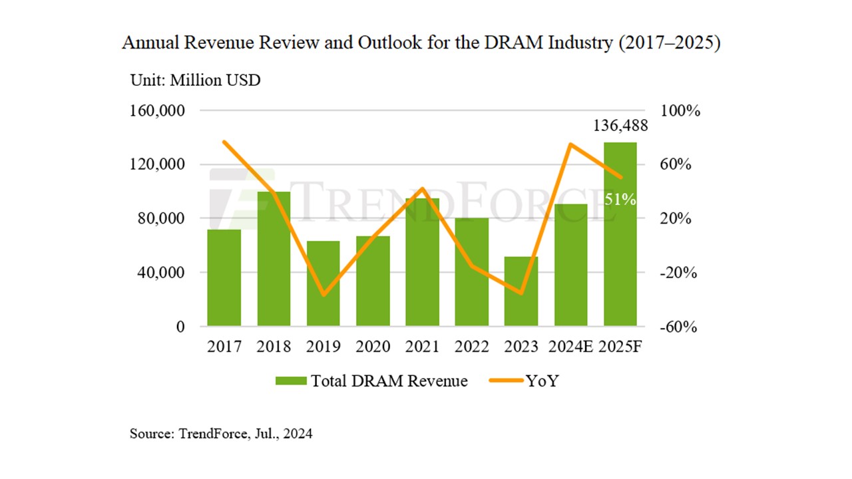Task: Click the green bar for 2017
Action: [224, 278]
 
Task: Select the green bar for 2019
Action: [323, 283]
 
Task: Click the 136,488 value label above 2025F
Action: [620, 126]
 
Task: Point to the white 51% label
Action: [620, 199]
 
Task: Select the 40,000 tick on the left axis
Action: [158, 273]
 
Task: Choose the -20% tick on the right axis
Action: [678, 273]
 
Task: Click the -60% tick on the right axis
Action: [678, 327]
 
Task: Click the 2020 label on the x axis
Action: [373, 347]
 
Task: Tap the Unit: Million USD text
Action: [195, 80]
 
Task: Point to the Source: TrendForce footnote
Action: [221, 434]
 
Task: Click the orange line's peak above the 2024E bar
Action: [570, 144]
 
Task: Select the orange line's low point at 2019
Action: [323, 295]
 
